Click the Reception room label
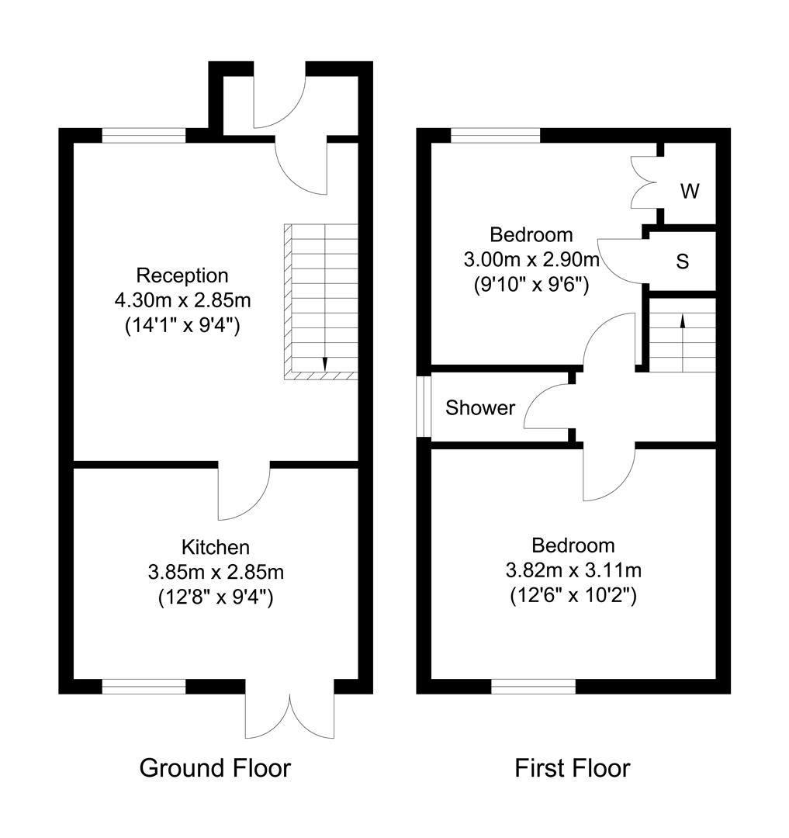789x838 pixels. pyautogui.click(x=182, y=275)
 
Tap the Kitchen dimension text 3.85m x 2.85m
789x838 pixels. pyautogui.click(x=216, y=573)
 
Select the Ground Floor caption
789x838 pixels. pyautogui.click(x=215, y=768)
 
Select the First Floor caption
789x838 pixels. pyautogui.click(x=573, y=768)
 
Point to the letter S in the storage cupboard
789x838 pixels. pyautogui.click(x=683, y=261)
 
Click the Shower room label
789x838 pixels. pyautogui.click(x=480, y=408)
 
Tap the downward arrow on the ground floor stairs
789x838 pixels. pyautogui.click(x=324, y=364)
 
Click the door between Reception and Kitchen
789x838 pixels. pyautogui.click(x=244, y=493)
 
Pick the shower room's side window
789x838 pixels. pyautogui.click(x=423, y=407)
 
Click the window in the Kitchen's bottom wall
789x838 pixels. pyautogui.click(x=144, y=686)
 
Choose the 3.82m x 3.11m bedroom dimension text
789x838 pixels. pyautogui.click(x=573, y=571)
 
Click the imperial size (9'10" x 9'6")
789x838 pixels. pyautogui.click(x=531, y=284)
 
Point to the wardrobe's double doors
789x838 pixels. pyautogui.click(x=644, y=182)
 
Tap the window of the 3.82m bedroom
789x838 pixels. pyautogui.click(x=534, y=686)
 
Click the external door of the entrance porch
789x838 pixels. pyautogui.click(x=281, y=101)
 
